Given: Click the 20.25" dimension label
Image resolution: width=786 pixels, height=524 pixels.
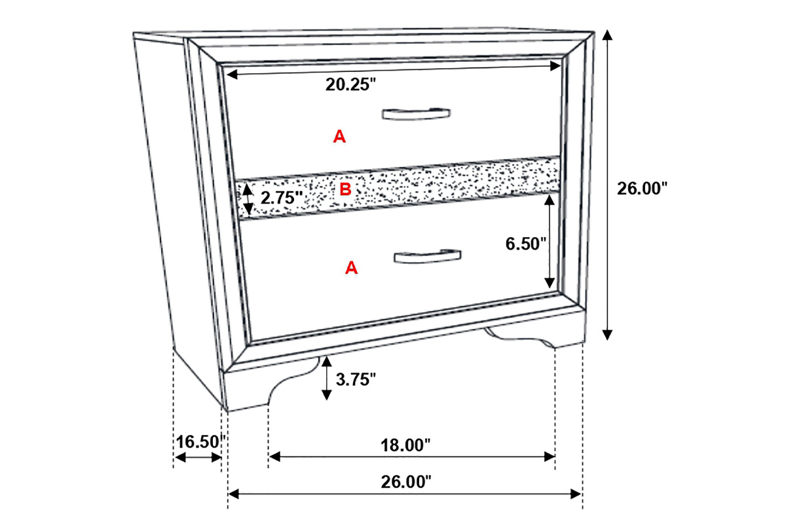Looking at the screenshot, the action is point(350,84).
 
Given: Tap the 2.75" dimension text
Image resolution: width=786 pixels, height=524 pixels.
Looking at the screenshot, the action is point(282,198).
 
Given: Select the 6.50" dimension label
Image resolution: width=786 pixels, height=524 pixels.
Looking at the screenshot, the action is point(525,244).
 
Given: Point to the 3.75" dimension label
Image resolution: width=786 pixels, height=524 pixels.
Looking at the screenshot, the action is point(356,379).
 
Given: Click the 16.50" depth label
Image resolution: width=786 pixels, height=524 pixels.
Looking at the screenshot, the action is point(200,442).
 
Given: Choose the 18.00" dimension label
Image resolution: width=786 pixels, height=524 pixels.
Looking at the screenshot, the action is point(405,445).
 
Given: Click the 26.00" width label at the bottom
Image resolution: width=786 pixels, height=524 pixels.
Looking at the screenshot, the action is point(406,482).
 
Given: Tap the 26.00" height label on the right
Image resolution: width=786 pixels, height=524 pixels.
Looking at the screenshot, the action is point(642,189).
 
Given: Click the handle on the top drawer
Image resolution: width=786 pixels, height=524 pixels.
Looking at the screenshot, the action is point(416,115).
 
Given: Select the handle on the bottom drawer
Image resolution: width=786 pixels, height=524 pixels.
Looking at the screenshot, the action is point(427,257).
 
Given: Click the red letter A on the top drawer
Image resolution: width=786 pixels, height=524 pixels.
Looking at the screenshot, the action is point(339,136).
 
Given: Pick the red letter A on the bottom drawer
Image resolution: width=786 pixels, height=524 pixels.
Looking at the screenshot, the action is point(351,268).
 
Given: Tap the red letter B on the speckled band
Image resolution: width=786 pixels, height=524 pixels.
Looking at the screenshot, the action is point(345,189).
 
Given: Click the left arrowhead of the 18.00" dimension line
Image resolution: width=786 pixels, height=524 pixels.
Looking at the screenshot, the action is point(274,457).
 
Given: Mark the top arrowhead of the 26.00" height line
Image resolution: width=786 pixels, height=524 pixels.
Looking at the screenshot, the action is point(607,35).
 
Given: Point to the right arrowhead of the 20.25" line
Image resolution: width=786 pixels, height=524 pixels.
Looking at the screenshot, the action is point(555,65).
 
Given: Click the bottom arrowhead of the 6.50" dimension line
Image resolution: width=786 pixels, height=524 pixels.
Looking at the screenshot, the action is point(550,283).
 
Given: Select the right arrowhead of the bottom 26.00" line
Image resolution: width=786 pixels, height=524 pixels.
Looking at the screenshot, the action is point(576,494).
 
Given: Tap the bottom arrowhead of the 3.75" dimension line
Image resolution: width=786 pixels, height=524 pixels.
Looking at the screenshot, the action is point(327,395).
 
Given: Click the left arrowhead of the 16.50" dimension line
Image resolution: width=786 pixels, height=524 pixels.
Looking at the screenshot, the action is point(180,457).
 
